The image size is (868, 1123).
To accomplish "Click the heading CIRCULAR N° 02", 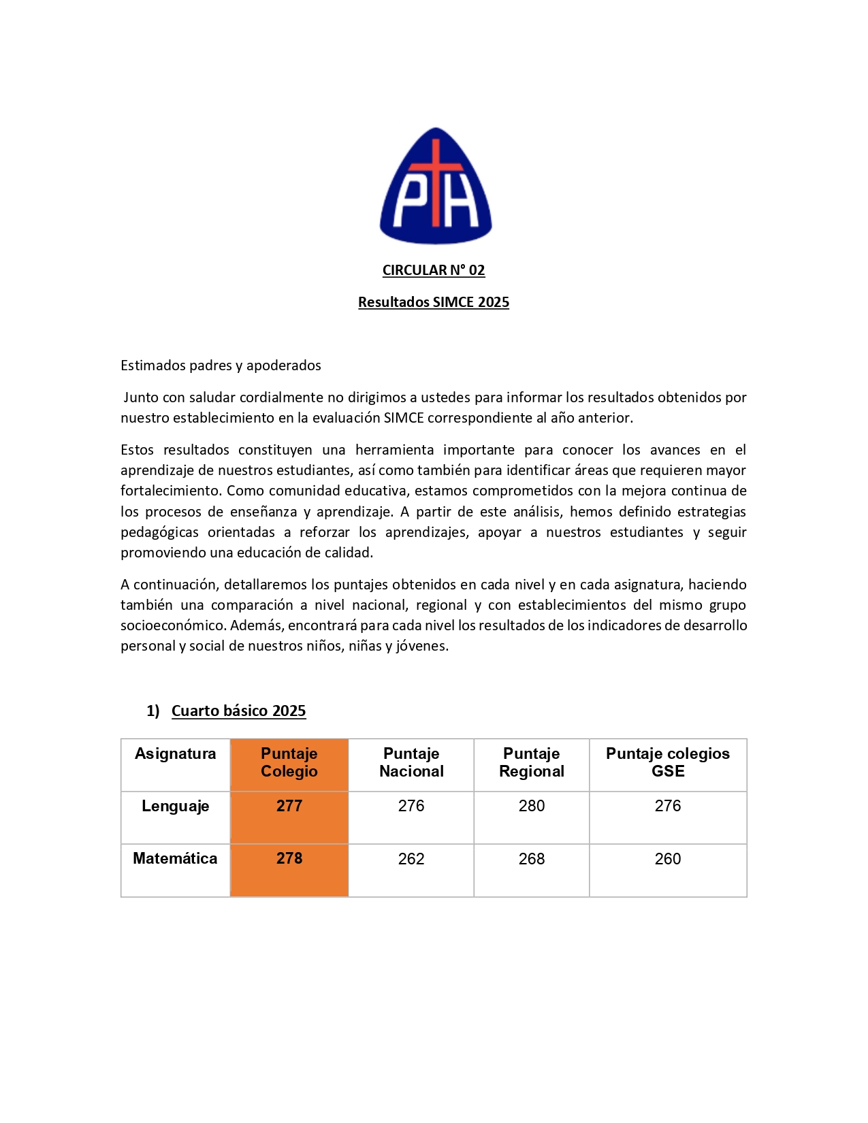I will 434,270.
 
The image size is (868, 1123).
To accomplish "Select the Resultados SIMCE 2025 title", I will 434,302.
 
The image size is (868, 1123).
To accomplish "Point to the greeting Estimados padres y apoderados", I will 221,365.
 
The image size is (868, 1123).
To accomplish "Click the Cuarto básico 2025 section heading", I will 238,711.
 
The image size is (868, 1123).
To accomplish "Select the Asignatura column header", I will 175,754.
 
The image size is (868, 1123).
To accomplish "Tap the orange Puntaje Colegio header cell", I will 289,762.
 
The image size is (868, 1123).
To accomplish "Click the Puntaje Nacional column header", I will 411,762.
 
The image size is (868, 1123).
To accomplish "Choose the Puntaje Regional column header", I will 532,762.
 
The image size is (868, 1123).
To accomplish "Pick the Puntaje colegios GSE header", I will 668,762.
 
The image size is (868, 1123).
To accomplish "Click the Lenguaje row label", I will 175,806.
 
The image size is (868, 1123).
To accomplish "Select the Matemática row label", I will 175,858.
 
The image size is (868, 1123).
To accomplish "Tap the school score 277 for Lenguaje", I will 289,806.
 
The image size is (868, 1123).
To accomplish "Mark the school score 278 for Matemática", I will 289,858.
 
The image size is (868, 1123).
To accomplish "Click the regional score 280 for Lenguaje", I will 532,806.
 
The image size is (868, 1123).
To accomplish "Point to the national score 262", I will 411,859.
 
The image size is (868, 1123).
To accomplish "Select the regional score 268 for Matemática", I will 532,859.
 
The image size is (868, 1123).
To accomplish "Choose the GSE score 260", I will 668,859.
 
